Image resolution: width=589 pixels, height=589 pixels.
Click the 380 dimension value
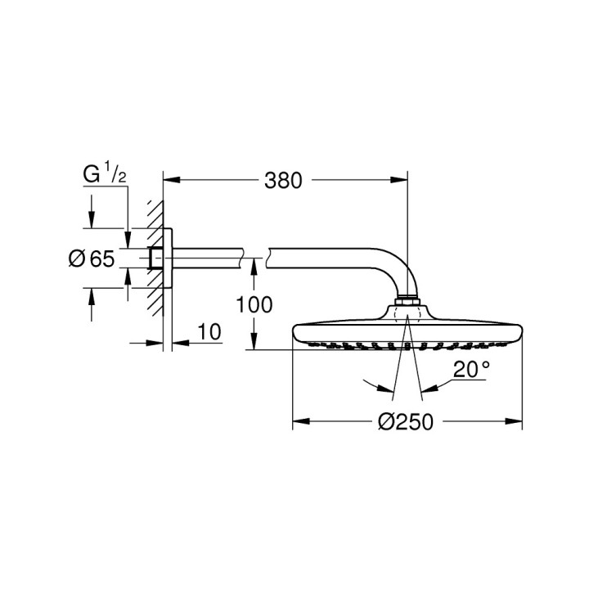coord(282,180)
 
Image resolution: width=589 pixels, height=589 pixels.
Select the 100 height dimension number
coord(254,305)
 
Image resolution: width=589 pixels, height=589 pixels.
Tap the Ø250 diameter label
coord(405,422)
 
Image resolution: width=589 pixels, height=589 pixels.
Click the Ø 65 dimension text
coord(91,259)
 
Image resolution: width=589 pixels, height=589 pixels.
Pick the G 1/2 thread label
coord(103,173)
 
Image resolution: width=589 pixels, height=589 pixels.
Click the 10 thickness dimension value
coord(209,331)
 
